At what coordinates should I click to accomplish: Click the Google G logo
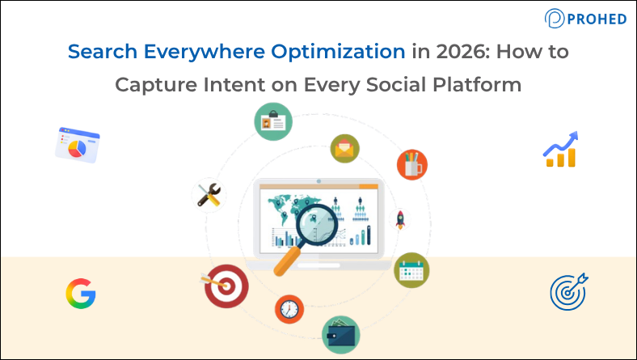81,293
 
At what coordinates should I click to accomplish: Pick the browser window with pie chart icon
78,144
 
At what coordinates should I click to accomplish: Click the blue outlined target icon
568,291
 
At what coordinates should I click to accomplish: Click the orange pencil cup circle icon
412,165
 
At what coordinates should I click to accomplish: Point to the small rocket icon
399,218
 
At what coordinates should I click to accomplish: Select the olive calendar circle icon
411,269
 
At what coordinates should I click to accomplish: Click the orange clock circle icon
288,308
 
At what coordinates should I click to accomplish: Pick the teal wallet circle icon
340,332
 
